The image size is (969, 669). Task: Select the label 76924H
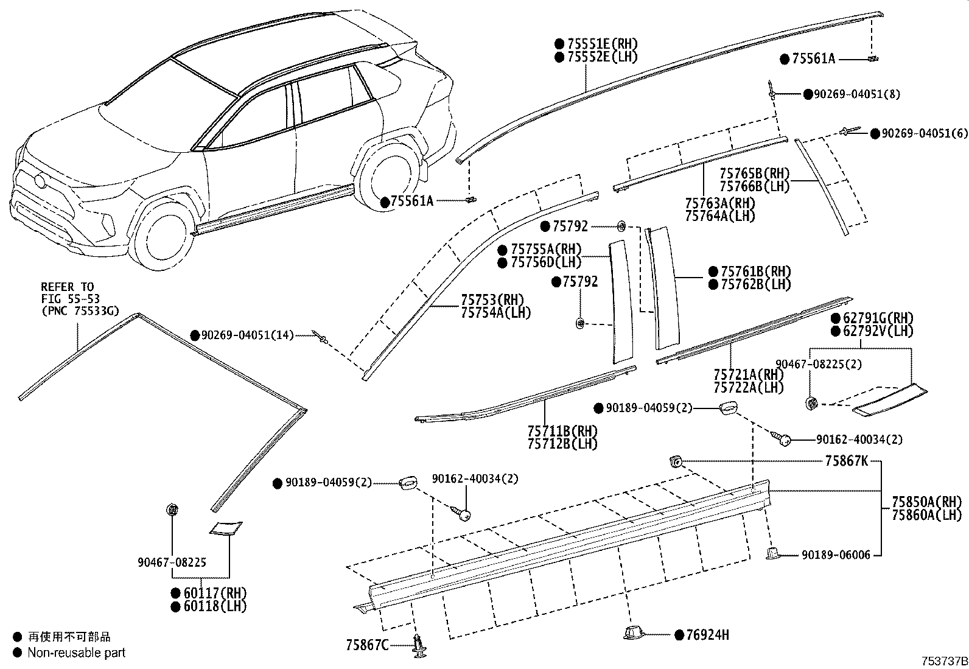point(707,635)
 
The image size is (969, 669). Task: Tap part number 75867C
point(367,645)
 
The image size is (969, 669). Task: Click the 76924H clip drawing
point(634,633)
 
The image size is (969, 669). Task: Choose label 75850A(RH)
point(926,502)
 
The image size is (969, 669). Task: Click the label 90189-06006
point(836,555)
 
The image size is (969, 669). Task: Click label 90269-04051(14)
point(247,335)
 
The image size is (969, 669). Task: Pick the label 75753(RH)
point(492,299)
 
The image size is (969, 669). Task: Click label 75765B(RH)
point(754,173)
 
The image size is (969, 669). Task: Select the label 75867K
point(846,461)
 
